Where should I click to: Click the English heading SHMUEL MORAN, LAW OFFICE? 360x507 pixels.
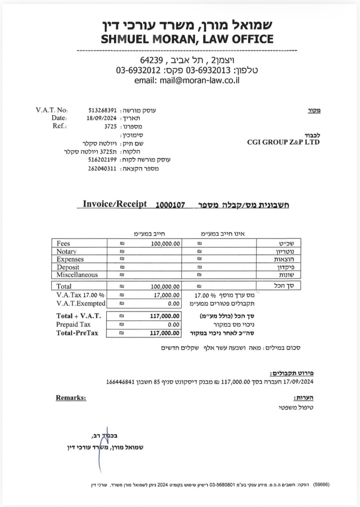pos(187,39)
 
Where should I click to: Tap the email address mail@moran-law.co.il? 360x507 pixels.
pos(199,80)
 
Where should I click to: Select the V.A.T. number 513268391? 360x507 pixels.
pos(102,110)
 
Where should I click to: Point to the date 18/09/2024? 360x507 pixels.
pos(101,118)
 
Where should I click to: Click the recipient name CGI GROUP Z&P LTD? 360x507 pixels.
pos(283,142)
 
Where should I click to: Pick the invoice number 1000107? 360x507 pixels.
pos(170,205)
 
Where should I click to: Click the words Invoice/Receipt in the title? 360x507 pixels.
pos(115,204)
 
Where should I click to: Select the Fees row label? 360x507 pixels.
pos(63,243)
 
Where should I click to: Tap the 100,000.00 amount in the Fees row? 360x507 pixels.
pos(165,244)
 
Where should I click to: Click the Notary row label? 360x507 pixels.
pos(66,251)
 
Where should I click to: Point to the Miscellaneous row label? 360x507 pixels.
pos(77,275)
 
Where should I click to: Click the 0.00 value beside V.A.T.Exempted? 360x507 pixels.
pos(174,304)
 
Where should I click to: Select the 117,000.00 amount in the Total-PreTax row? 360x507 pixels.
pos(165,333)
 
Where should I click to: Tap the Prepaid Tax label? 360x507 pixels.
pos(73,324)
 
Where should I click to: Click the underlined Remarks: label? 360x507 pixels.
pos(71,398)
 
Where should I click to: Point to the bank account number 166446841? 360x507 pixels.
pos(120,382)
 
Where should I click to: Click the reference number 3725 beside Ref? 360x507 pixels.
pos(110,126)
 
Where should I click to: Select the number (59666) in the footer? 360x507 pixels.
pos(321,485)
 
